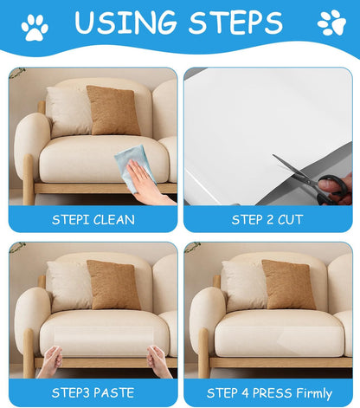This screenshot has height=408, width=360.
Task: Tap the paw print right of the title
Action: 331,23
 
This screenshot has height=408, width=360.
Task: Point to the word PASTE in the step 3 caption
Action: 113,393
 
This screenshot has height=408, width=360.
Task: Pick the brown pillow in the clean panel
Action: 113,111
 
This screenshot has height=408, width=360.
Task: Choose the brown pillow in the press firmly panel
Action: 289,285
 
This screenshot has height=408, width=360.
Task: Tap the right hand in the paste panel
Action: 159,360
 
